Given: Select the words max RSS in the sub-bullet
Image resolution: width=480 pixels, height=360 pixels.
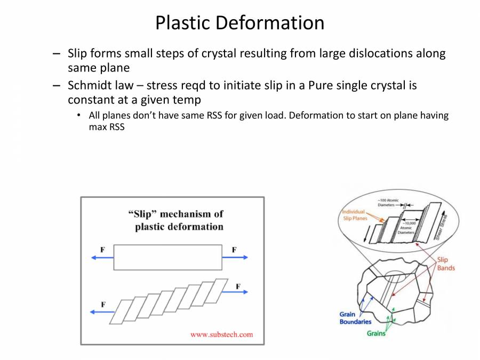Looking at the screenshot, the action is [x=107, y=127].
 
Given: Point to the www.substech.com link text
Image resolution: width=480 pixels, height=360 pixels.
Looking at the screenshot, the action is [x=221, y=334].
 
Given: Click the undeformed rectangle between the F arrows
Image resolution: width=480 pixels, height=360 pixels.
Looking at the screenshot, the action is [x=168, y=258].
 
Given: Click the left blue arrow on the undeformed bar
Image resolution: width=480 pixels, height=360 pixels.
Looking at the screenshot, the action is [x=102, y=258].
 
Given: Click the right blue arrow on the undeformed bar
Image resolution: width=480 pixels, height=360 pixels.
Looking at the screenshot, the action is [x=235, y=258].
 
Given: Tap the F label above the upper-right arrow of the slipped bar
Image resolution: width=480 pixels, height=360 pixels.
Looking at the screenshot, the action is [x=238, y=286].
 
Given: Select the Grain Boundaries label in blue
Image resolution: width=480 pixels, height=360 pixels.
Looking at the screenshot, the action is [x=355, y=318].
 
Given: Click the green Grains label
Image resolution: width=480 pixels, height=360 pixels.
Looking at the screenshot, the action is [x=376, y=333].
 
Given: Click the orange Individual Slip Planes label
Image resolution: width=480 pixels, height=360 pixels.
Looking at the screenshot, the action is [x=355, y=215].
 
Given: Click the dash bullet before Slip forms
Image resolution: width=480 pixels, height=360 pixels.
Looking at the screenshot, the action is [x=57, y=53].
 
